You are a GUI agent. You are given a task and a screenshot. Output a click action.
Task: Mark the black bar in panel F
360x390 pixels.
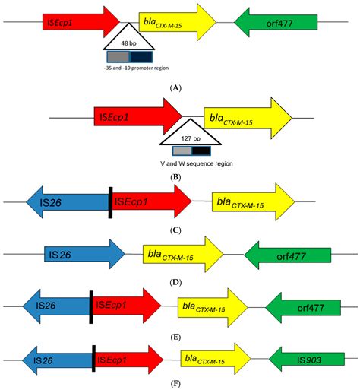pyautogui.click(x=93, y=357)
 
